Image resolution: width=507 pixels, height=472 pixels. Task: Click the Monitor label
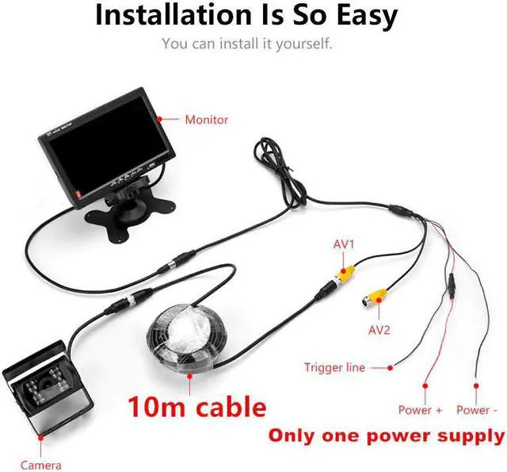pos(206,120)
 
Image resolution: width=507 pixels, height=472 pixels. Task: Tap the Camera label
pos(41,465)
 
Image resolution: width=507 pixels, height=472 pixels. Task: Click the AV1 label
pos(344,244)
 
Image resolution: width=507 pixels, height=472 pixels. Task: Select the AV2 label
pos(379,329)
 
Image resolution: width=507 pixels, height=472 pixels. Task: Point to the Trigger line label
pos(335,367)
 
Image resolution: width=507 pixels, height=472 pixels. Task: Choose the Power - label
pos(478,410)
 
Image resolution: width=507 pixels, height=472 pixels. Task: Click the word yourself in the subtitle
pos(303,43)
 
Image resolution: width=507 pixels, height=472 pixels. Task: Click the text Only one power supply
pos(386,436)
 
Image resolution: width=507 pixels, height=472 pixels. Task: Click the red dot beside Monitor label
pos(159,120)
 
